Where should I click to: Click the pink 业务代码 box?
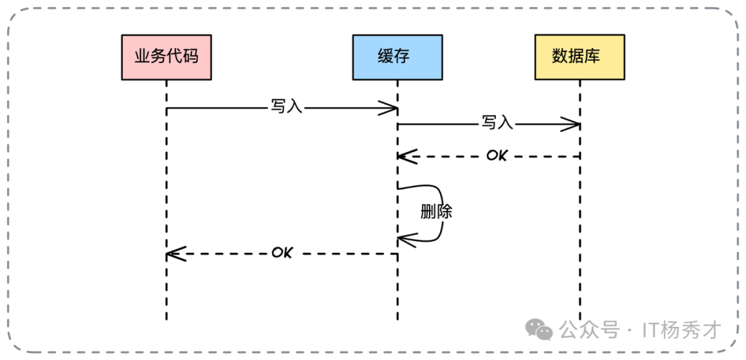[166, 56]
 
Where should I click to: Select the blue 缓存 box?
[396, 56]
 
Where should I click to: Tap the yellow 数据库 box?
[580, 56]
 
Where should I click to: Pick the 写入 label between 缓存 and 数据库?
[497, 124]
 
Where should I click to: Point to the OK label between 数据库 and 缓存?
[496, 155]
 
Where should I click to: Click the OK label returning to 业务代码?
[282, 252]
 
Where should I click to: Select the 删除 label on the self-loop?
[436, 211]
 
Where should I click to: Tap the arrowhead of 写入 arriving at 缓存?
[391, 108]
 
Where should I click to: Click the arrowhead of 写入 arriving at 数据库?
[573, 124]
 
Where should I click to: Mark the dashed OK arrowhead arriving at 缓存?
[405, 156]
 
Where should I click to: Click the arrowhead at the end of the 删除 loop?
[405, 240]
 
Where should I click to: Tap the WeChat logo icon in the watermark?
[539, 330]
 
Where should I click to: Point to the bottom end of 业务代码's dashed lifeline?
[166, 318]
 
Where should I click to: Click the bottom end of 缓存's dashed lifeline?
[397, 318]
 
